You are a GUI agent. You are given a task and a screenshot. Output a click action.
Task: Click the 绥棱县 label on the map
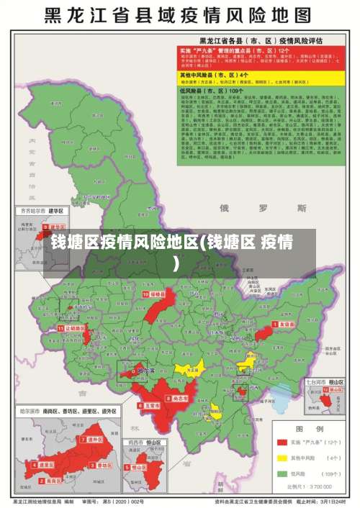click(156, 294)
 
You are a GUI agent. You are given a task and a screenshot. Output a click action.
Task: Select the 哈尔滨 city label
click(145, 371)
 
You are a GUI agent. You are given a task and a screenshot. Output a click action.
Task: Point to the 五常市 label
click(152, 405)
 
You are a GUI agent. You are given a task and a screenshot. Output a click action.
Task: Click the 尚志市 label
click(180, 396)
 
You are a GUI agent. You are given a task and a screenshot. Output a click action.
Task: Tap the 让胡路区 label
click(75, 328)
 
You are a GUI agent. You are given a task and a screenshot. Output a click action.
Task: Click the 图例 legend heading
click(313, 427)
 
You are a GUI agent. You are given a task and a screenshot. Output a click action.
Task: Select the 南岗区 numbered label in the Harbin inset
click(45, 465)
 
